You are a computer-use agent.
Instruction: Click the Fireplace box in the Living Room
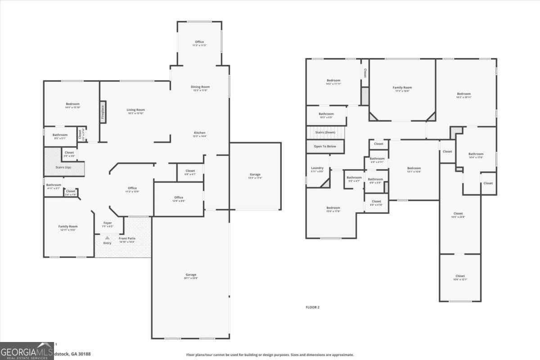click(103, 112)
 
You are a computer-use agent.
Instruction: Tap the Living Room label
click(135, 110)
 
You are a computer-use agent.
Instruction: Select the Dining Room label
click(200, 87)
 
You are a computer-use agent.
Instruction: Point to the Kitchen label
click(200, 133)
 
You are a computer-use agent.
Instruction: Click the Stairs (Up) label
click(63, 167)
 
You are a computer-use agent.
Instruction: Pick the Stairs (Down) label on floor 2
click(324, 132)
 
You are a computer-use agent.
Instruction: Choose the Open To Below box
click(325, 146)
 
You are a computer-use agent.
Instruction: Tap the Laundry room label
click(317, 168)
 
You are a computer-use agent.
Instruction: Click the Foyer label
click(108, 223)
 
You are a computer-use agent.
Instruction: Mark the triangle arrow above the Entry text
click(108, 238)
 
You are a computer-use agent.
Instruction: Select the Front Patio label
click(127, 238)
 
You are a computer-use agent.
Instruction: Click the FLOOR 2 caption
click(312, 307)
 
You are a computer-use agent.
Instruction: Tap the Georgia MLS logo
click(27, 351)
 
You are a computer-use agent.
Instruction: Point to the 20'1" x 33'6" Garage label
click(191, 274)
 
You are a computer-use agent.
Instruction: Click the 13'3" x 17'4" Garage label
click(255, 175)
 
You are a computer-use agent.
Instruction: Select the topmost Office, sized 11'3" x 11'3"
click(199, 42)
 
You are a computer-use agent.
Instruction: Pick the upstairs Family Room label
click(402, 88)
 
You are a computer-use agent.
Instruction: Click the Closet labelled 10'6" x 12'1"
click(459, 276)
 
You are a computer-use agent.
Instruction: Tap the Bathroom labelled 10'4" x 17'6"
click(476, 154)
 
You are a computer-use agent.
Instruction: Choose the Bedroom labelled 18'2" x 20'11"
click(463, 94)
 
